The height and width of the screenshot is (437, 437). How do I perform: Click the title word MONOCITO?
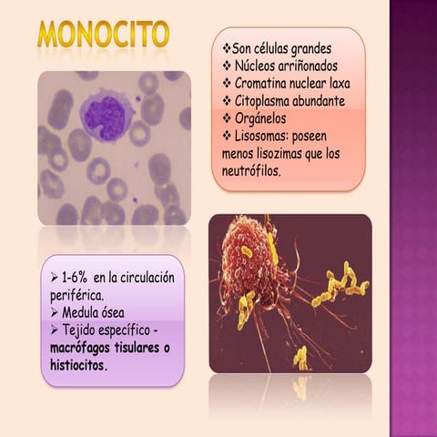point(103,34)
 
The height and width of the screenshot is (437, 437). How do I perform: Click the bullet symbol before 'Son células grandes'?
point(227,46)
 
